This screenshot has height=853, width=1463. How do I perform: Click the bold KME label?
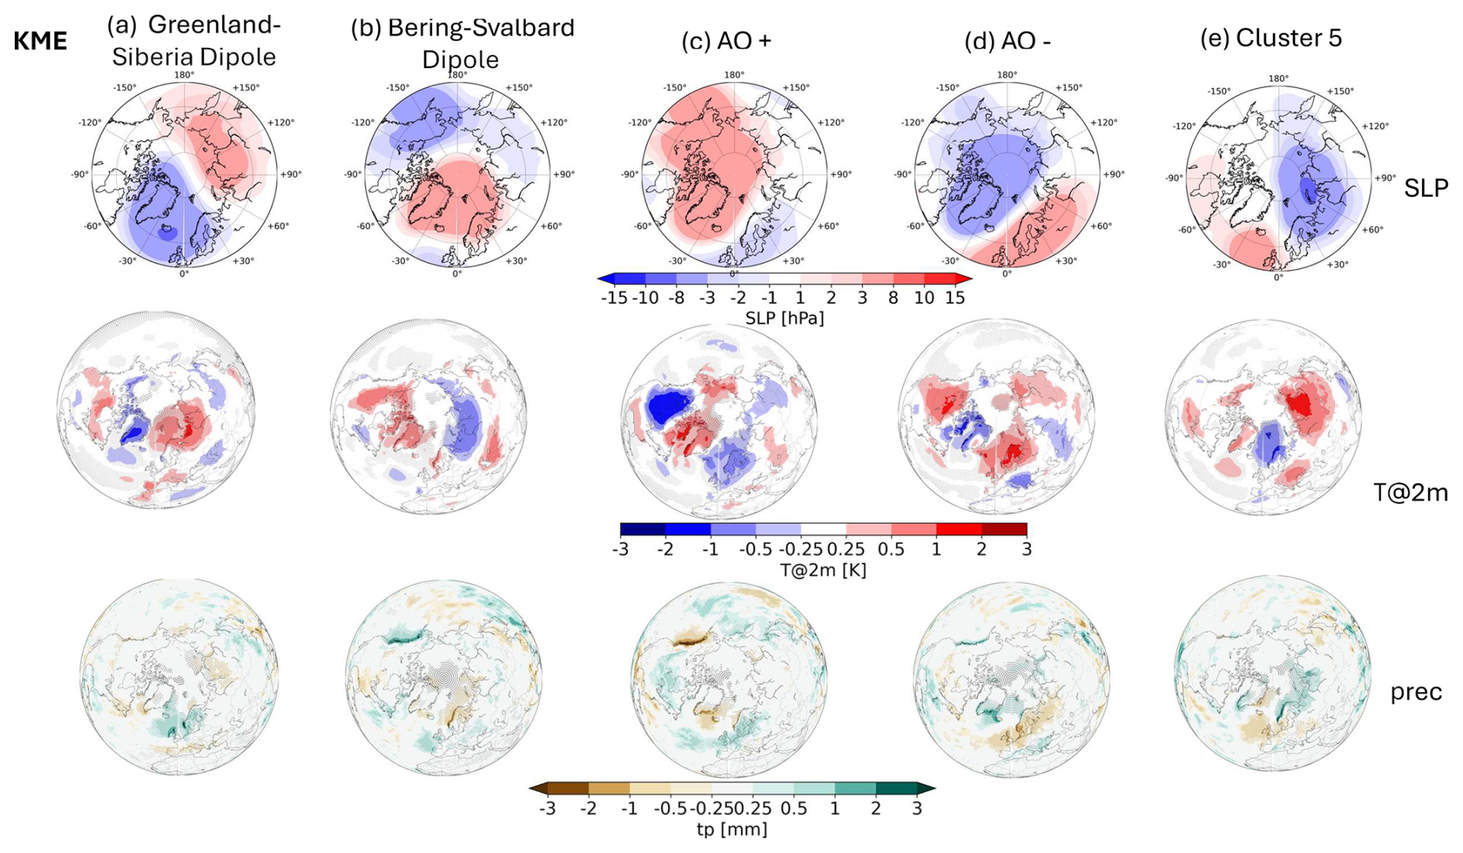(40, 41)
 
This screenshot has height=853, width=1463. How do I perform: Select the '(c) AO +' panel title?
(726, 41)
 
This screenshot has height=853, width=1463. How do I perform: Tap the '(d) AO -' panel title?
(1007, 41)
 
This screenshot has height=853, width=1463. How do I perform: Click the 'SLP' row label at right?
(1426, 188)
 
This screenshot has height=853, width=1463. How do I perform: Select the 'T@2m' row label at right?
(1410, 492)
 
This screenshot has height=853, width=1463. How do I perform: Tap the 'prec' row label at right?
(1416, 692)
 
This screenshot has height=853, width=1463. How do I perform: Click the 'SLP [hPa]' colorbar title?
(784, 318)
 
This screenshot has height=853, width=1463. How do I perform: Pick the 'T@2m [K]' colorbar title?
(823, 570)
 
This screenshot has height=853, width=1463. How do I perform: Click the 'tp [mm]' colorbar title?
(731, 829)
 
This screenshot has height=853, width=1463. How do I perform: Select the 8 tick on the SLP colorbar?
(893, 297)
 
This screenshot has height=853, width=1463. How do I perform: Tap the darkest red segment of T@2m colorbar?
(1004, 529)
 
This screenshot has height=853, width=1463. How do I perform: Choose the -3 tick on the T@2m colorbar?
(620, 549)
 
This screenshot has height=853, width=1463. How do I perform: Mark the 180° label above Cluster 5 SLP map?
(1278, 79)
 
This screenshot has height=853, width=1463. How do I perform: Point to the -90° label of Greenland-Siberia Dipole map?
(80, 175)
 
